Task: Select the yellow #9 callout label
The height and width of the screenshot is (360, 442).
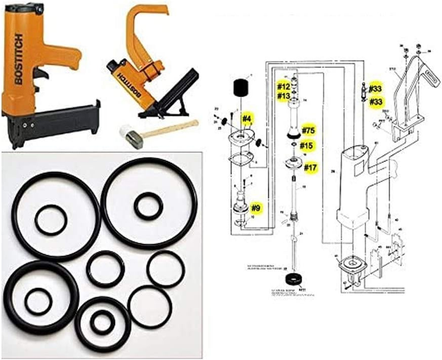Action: [x=255, y=208]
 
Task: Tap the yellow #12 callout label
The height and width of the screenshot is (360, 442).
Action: [x=283, y=87]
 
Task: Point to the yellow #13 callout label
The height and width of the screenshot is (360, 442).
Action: [x=283, y=96]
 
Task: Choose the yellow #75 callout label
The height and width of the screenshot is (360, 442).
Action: [x=309, y=130]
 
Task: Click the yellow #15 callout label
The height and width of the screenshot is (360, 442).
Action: [x=307, y=146]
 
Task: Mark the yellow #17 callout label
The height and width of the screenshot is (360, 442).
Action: [x=311, y=167]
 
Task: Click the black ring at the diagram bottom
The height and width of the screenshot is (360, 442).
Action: [x=293, y=277]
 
